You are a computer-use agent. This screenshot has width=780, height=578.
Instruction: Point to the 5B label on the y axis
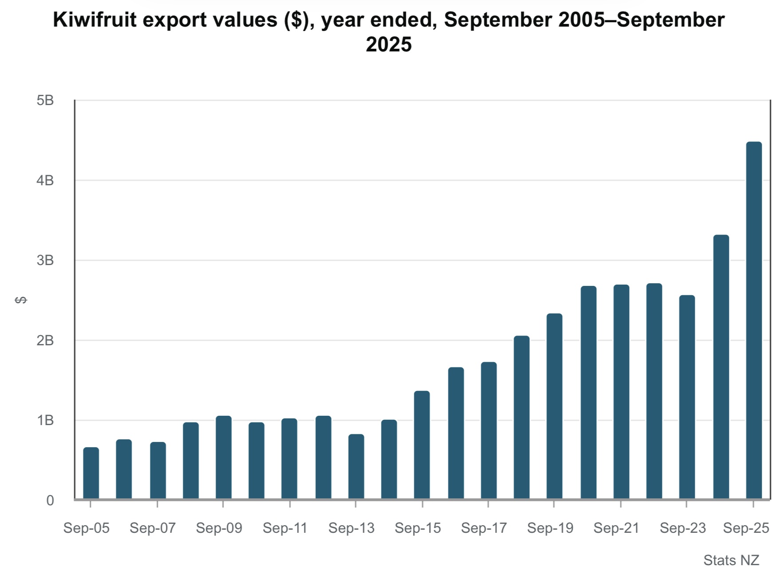tap(45, 101)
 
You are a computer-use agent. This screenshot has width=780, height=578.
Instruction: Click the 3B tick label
tap(45, 260)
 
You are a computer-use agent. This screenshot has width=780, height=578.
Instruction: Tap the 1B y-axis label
tap(45, 420)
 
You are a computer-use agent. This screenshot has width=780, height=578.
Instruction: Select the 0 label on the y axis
tap(50, 500)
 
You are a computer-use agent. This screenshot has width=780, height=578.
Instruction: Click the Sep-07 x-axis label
tap(153, 528)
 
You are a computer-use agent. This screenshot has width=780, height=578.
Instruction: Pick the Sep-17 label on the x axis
tap(484, 528)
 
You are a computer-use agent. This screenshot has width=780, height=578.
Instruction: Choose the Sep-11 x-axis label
tap(285, 528)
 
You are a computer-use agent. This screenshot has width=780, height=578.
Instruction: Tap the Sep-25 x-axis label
tap(746, 528)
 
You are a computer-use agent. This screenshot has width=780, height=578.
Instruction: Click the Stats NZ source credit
tap(731, 560)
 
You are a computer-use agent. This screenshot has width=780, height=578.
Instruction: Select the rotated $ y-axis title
tap(21, 300)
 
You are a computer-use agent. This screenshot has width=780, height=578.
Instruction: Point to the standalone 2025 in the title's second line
tap(389, 44)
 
